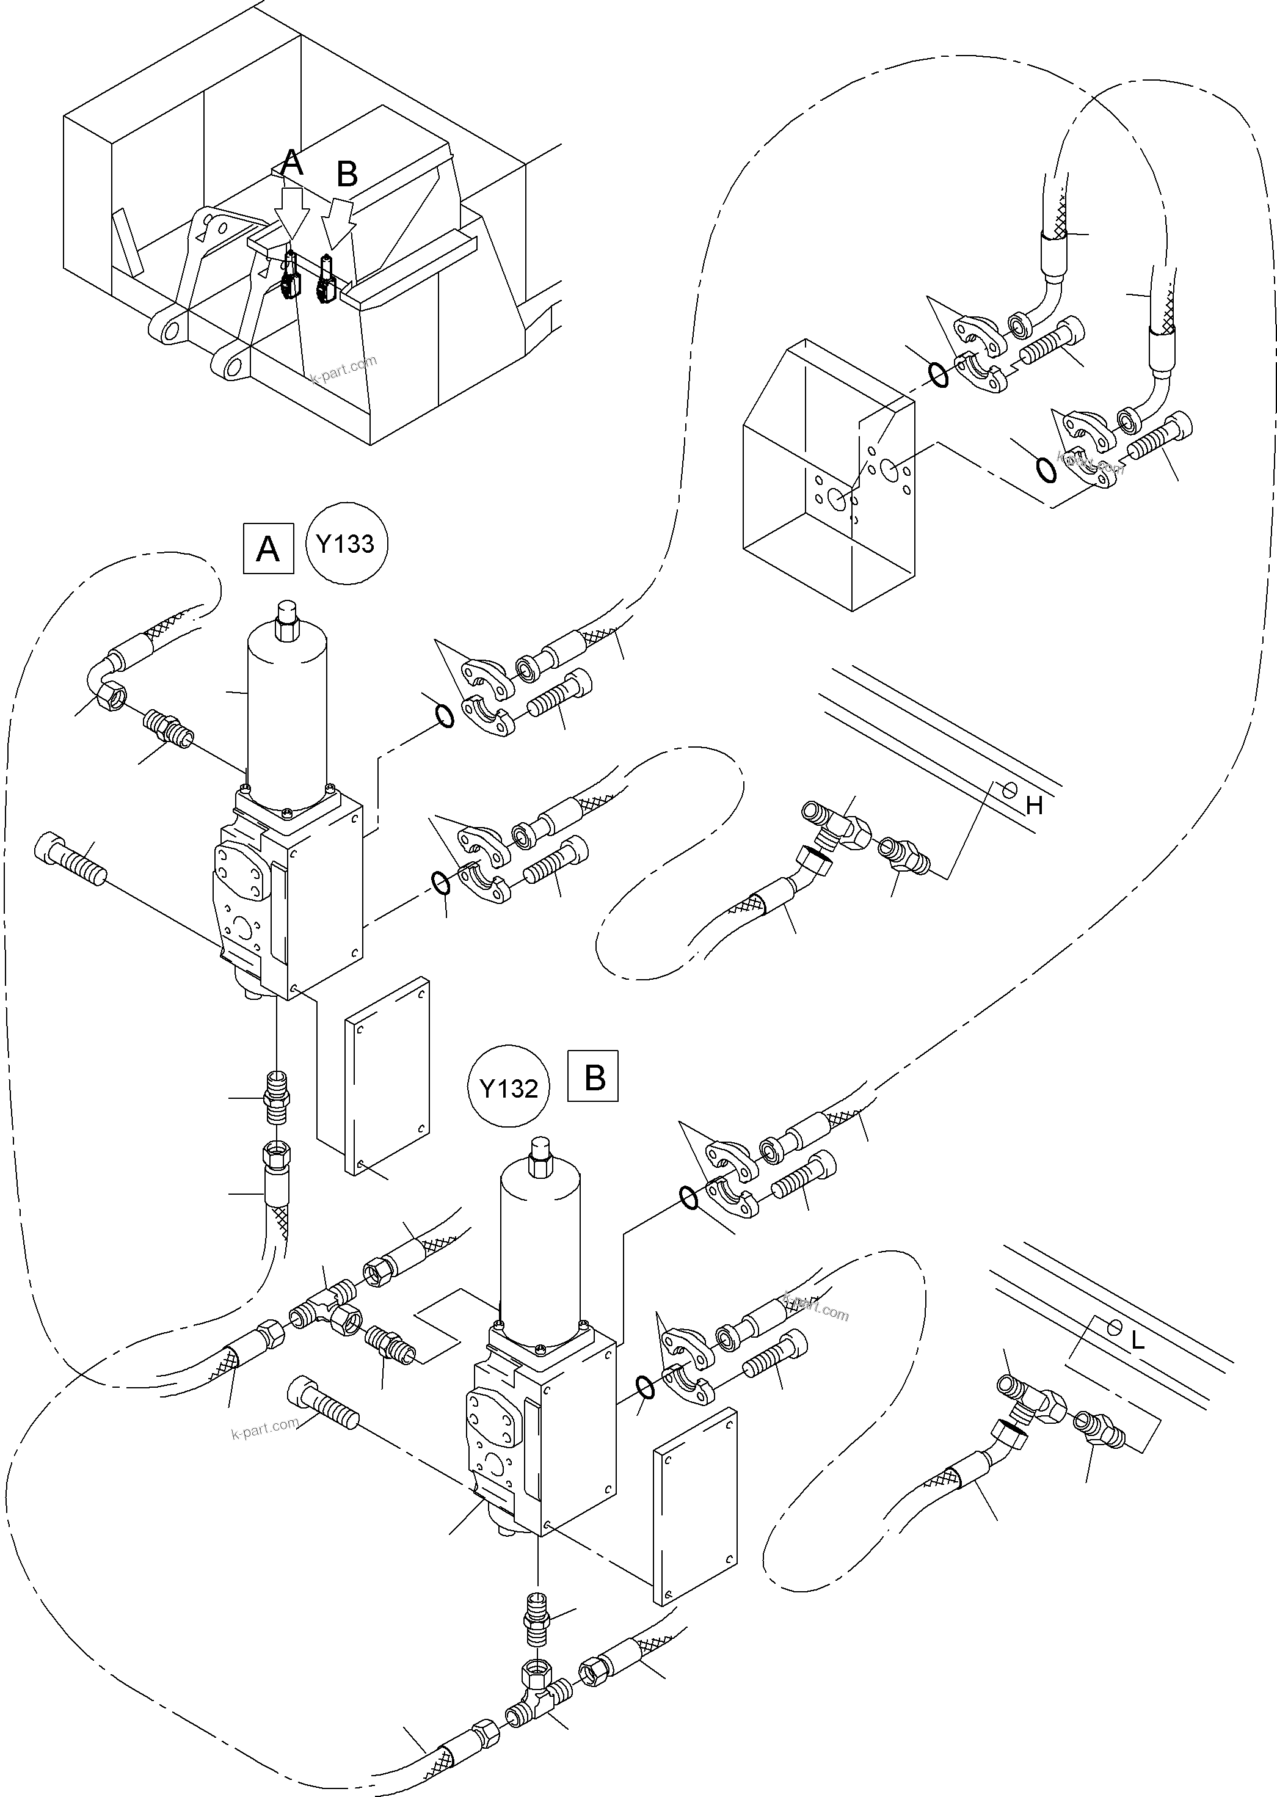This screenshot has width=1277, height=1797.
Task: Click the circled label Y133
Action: tap(346, 544)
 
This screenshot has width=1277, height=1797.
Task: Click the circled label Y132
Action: tap(509, 1089)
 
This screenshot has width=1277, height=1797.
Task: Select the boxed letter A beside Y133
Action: tap(269, 548)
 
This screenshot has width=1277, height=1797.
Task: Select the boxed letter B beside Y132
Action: tap(594, 1077)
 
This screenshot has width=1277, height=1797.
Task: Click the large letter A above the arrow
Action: tap(292, 164)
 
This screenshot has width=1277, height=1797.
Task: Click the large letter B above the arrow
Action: tap(347, 175)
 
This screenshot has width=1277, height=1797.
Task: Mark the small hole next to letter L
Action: tap(1114, 1327)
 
